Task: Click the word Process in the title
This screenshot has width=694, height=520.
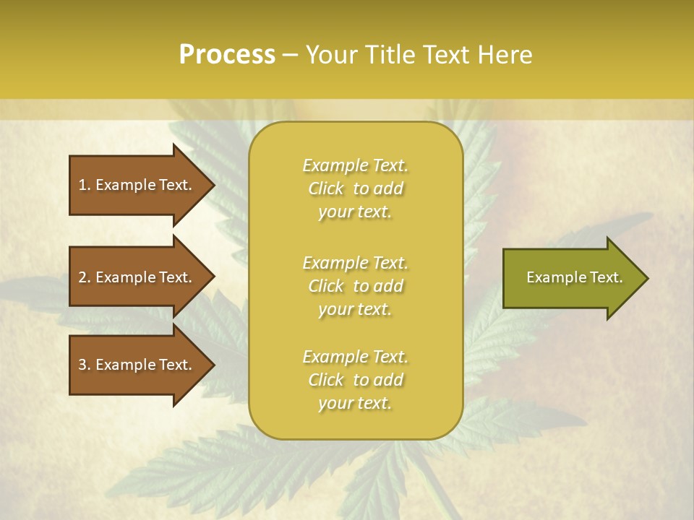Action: (227, 55)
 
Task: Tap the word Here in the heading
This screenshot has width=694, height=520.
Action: (503, 55)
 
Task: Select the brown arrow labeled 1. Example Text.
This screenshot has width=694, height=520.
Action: (137, 185)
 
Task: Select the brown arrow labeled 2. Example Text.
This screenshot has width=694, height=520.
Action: (137, 277)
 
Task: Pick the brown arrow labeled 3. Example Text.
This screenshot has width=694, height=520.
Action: (137, 365)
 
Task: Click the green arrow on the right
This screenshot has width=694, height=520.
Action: (571, 278)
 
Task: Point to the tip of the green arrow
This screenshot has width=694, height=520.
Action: (647, 278)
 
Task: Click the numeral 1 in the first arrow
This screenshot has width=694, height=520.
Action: (82, 185)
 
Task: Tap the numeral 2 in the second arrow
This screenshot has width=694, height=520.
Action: (82, 277)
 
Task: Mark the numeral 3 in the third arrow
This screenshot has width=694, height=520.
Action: (82, 365)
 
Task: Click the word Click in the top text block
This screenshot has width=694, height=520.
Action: (326, 188)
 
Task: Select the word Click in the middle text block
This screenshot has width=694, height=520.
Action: (326, 286)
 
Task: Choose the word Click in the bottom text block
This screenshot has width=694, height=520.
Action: (326, 380)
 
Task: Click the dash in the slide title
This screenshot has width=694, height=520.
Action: (290, 56)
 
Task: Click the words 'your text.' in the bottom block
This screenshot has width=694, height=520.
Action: (355, 403)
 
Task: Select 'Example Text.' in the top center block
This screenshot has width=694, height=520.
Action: (355, 165)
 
